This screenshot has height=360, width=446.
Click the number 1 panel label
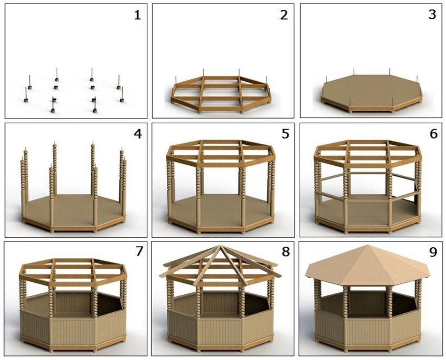coord(137,15)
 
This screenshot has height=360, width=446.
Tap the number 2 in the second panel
coord(284,15)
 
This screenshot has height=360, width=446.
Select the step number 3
coord(432,15)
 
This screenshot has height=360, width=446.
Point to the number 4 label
coord(137,133)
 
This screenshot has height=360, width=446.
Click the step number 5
coord(285,133)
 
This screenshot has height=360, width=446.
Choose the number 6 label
coord(433,133)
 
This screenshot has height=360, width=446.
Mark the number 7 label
coord(139,251)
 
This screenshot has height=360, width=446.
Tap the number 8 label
coord(285,251)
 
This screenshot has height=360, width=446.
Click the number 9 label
coord(433,252)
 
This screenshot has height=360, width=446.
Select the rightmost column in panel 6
coord(418,181)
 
